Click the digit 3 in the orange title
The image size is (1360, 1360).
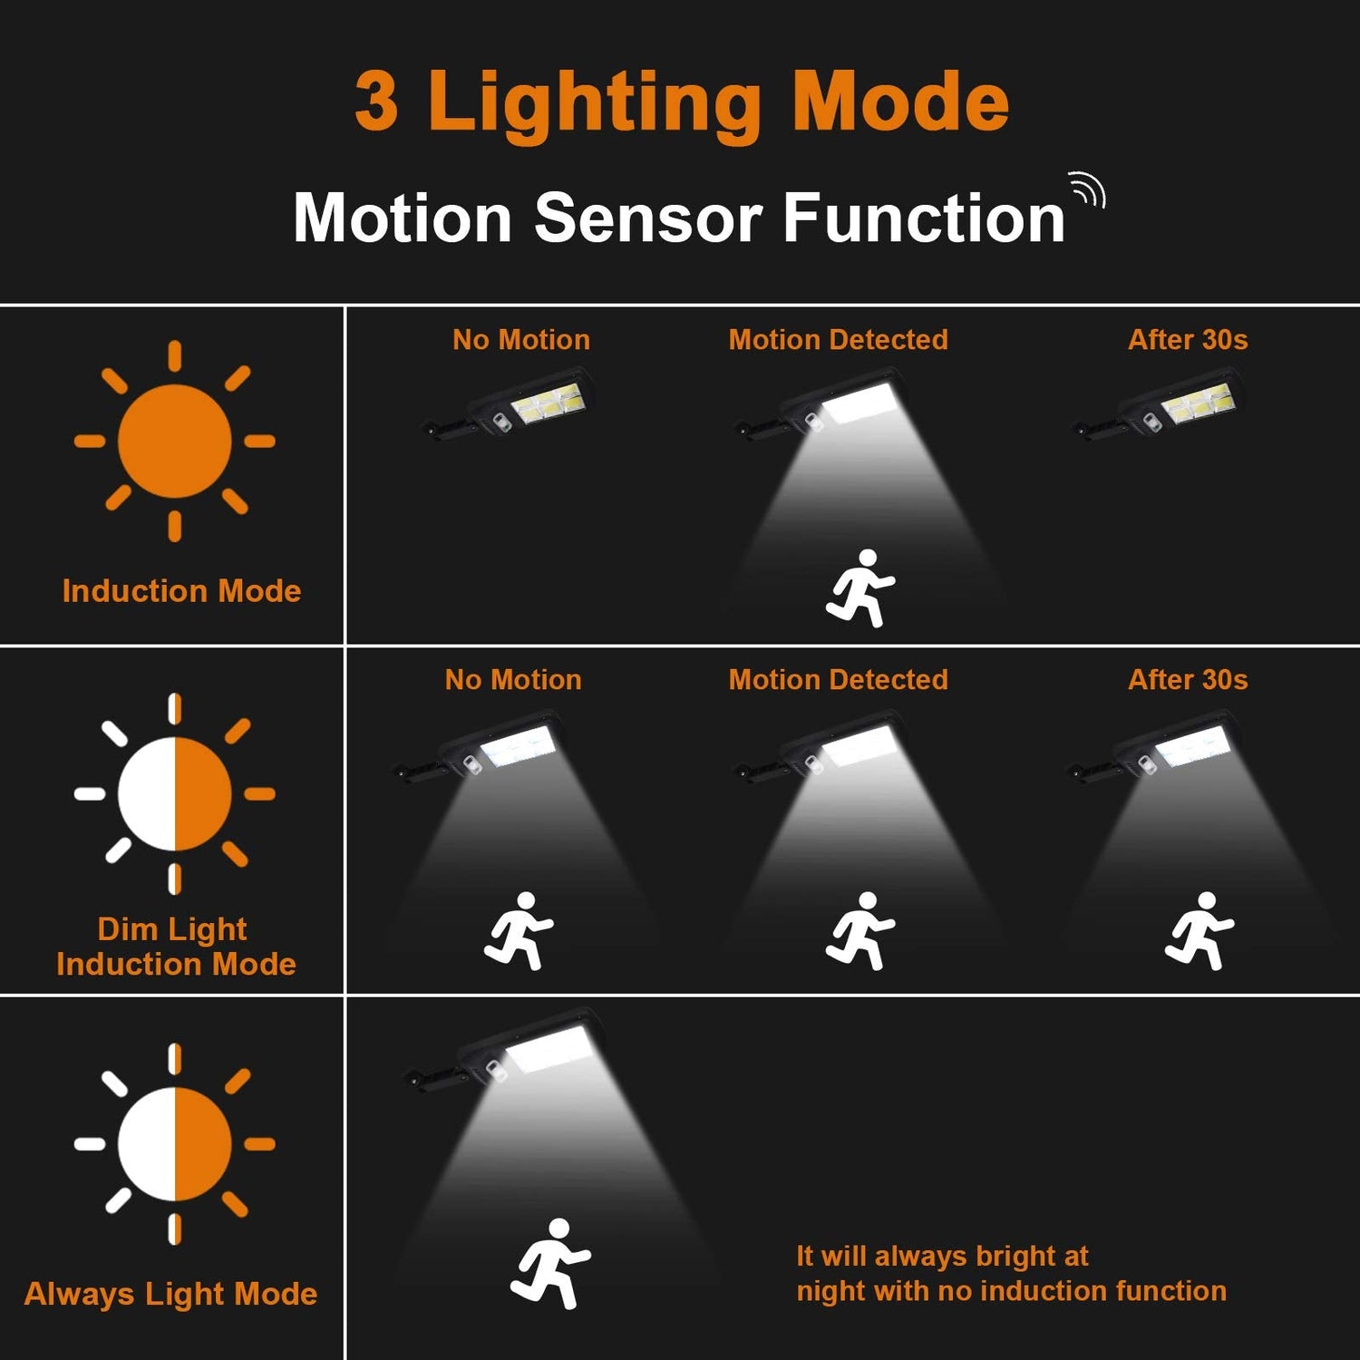tap(376, 101)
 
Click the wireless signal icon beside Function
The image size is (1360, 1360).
tap(1088, 189)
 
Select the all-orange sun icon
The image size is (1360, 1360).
tap(174, 442)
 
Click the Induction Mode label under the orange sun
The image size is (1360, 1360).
tap(181, 591)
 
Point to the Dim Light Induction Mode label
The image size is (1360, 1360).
tap(176, 947)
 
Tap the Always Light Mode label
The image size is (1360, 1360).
tap(170, 1294)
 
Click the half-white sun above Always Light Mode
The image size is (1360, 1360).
tap(174, 1144)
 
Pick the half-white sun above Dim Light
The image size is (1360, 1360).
tap(174, 793)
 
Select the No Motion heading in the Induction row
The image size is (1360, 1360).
tap(521, 340)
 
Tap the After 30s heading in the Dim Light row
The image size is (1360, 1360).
tap(1188, 680)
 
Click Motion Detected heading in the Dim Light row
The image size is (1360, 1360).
tap(839, 680)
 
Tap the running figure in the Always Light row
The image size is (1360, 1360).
tap(550, 1263)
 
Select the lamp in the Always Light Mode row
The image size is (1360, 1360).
tap(504, 1052)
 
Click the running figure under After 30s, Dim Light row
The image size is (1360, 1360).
tap(1200, 930)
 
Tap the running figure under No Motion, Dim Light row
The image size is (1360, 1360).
tap(519, 930)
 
